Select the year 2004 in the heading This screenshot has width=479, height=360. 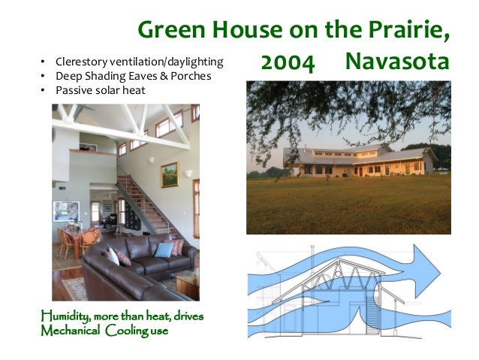[287, 64]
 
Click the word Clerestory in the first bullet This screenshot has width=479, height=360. [77, 60]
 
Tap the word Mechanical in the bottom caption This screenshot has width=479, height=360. [71, 330]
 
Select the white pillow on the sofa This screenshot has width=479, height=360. [113, 256]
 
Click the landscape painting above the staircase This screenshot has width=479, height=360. [169, 174]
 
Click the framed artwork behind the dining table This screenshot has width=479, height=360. [65, 211]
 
